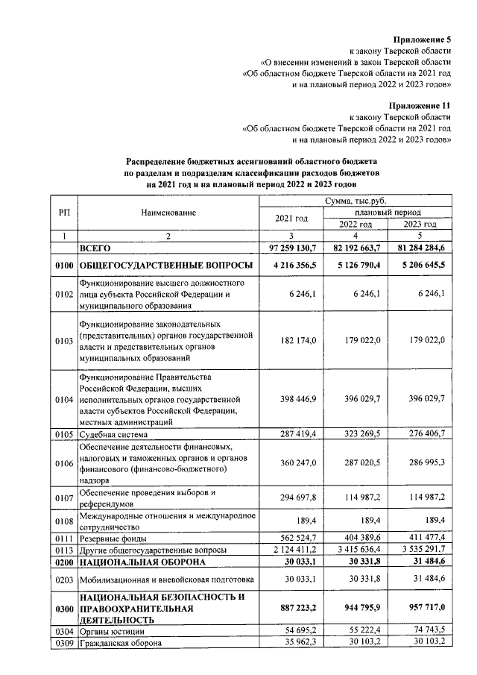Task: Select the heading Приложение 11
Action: tap(420, 106)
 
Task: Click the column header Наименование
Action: tap(168, 213)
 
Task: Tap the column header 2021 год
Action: tap(291, 218)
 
